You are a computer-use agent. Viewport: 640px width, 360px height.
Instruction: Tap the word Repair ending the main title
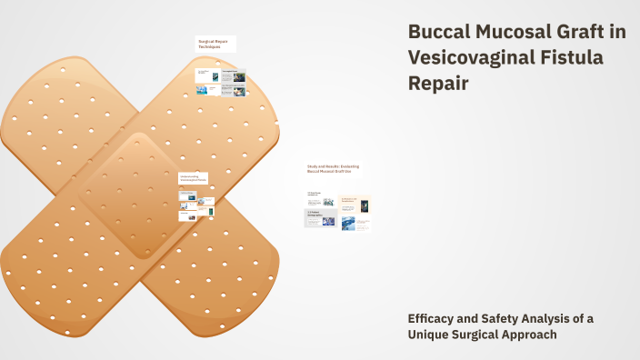click(x=440, y=84)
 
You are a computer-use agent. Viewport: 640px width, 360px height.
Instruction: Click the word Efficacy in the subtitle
click(x=433, y=318)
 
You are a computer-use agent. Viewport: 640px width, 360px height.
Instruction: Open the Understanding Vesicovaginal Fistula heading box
click(x=194, y=178)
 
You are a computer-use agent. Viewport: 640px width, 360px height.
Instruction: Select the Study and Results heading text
click(x=334, y=169)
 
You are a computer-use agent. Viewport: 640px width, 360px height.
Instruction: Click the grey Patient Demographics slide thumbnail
click(x=320, y=218)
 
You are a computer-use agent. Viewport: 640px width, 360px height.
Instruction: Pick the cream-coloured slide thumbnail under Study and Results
click(x=355, y=204)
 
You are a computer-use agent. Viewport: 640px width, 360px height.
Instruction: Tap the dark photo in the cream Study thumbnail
click(x=365, y=205)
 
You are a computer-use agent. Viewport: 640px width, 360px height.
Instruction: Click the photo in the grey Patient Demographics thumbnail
click(x=328, y=221)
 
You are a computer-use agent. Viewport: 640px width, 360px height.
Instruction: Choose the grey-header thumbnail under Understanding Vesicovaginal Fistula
click(x=188, y=195)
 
